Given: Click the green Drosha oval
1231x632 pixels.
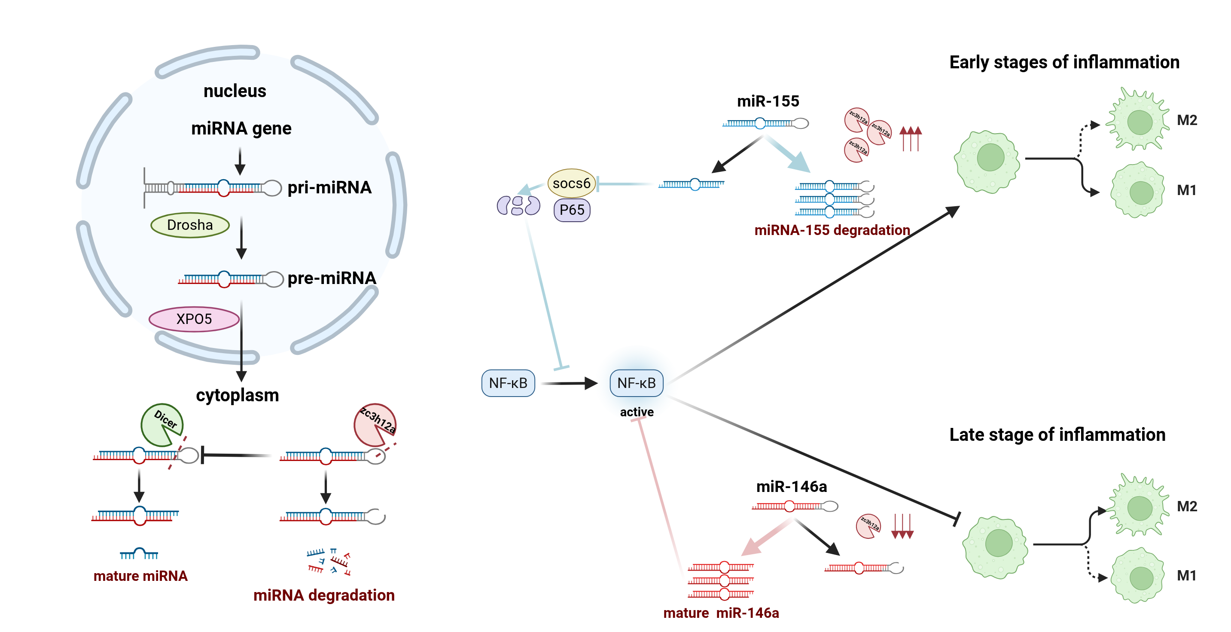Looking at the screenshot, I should pos(190,225).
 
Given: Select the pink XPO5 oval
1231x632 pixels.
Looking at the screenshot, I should pos(194,319).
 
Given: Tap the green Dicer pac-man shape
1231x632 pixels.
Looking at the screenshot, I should pos(161,424).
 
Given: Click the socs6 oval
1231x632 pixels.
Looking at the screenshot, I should pos(571,183).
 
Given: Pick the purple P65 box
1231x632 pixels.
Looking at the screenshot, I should pos(572,210).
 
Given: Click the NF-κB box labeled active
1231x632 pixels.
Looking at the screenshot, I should pos(636,383).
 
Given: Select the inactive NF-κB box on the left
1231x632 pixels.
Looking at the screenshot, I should pos(508,383).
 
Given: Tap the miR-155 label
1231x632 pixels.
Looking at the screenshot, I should pos(768,101).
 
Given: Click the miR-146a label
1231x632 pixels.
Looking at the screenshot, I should pos(791,487).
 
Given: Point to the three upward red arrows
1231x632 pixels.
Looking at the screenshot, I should pos(910,138).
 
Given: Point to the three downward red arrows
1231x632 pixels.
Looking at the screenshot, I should pos(902,526).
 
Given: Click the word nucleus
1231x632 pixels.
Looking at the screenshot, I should pos(235,91).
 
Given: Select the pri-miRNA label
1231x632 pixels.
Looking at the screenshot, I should pos(329,187).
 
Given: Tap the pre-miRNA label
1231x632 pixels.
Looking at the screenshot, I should pos(332,278).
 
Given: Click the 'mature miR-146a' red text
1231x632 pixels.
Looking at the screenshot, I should pos(721,613).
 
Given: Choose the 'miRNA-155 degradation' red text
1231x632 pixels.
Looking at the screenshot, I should pos(832,230).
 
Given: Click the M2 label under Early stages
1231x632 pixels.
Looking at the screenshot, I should pos(1187,120).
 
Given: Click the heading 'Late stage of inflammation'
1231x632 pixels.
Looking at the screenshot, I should pos(1057,434).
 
